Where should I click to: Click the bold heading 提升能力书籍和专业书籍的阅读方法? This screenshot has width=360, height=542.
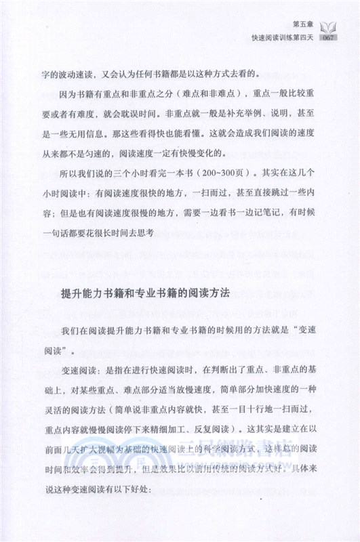pos(146,295)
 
